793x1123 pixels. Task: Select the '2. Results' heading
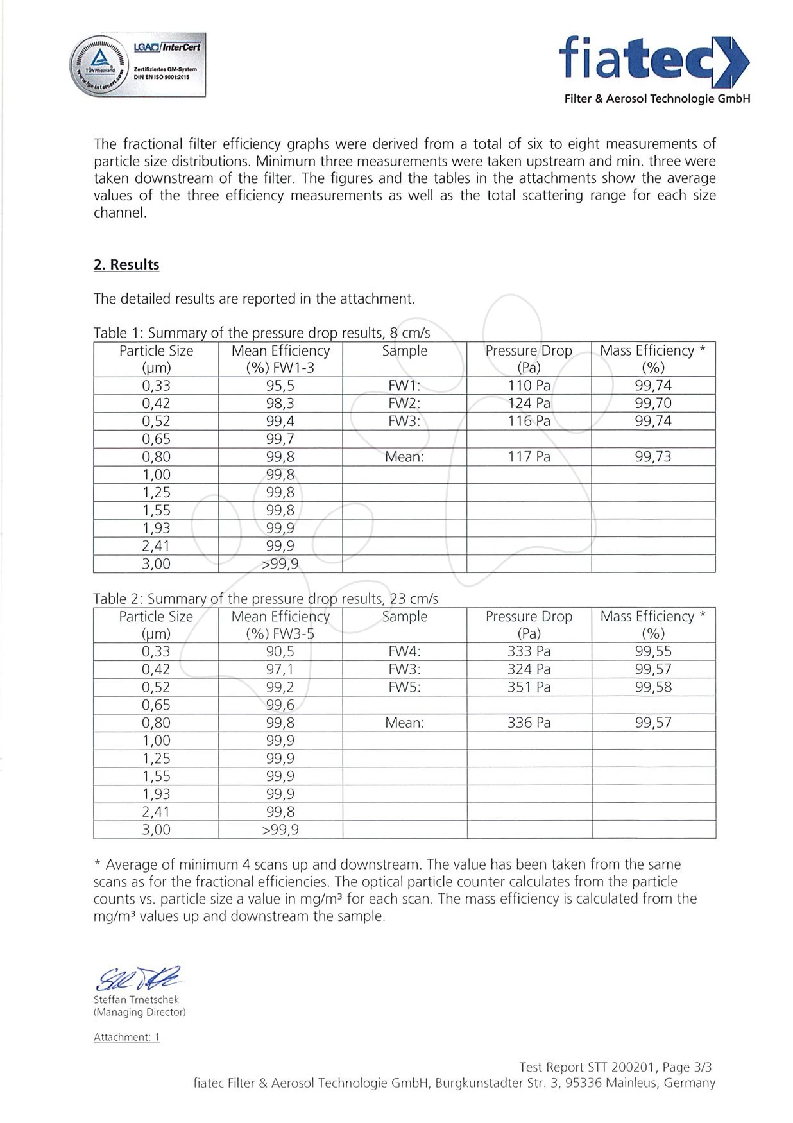coord(126,264)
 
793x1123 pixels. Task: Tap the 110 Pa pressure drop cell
coord(529,386)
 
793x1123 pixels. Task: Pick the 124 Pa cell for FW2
coord(529,404)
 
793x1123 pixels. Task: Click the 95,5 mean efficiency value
coord(280,386)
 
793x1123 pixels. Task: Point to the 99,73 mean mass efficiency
coord(653,457)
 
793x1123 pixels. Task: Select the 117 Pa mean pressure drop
coord(529,457)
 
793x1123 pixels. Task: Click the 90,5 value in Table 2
coord(280,651)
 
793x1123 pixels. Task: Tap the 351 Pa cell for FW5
coord(529,687)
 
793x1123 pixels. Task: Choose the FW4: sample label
coord(404,651)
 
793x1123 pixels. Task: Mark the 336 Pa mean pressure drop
coord(529,723)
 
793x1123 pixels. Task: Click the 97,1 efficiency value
coord(280,669)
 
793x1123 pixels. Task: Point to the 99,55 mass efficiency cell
coord(653,651)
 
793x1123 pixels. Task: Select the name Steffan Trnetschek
coord(136,1000)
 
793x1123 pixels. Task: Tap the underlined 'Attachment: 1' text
coord(126,1037)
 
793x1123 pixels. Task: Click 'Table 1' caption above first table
coord(261,333)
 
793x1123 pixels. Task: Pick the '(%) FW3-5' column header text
coord(280,634)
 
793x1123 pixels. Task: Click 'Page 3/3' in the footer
coord(687,1067)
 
